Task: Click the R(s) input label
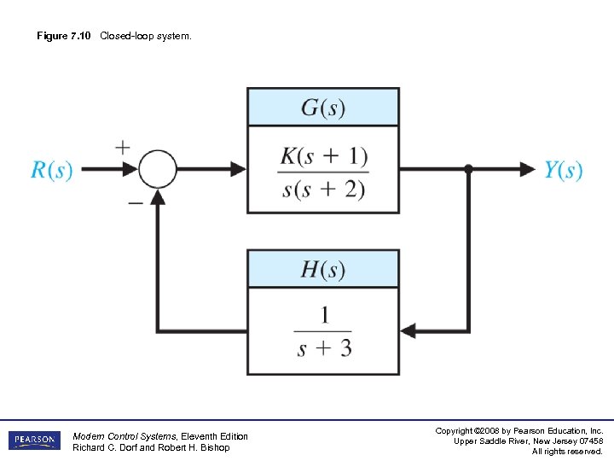52,170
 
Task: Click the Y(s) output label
564,170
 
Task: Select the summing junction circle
158,169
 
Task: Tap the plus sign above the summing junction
123,148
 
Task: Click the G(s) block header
323,108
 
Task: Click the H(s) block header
323,270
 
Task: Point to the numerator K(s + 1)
323,156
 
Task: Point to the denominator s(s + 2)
323,188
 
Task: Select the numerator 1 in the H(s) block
324,316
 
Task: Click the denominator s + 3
324,348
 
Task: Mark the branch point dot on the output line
468,169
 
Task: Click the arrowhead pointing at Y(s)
528,169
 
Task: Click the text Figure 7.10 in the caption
64,36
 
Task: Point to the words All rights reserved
567,451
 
